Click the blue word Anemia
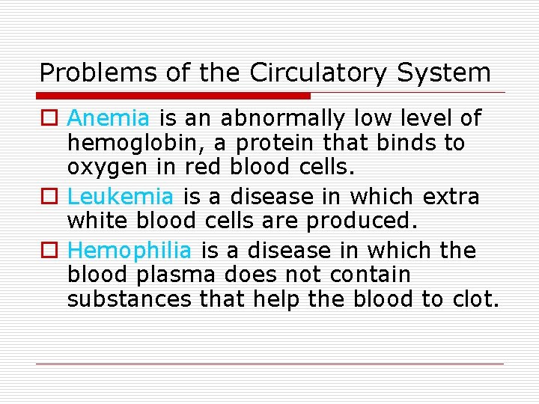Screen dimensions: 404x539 tap(109, 118)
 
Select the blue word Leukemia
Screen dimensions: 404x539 tap(121, 197)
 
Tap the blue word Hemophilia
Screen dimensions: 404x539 tap(130, 251)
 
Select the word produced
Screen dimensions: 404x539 tap(353, 221)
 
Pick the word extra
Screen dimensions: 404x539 tap(451, 197)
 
